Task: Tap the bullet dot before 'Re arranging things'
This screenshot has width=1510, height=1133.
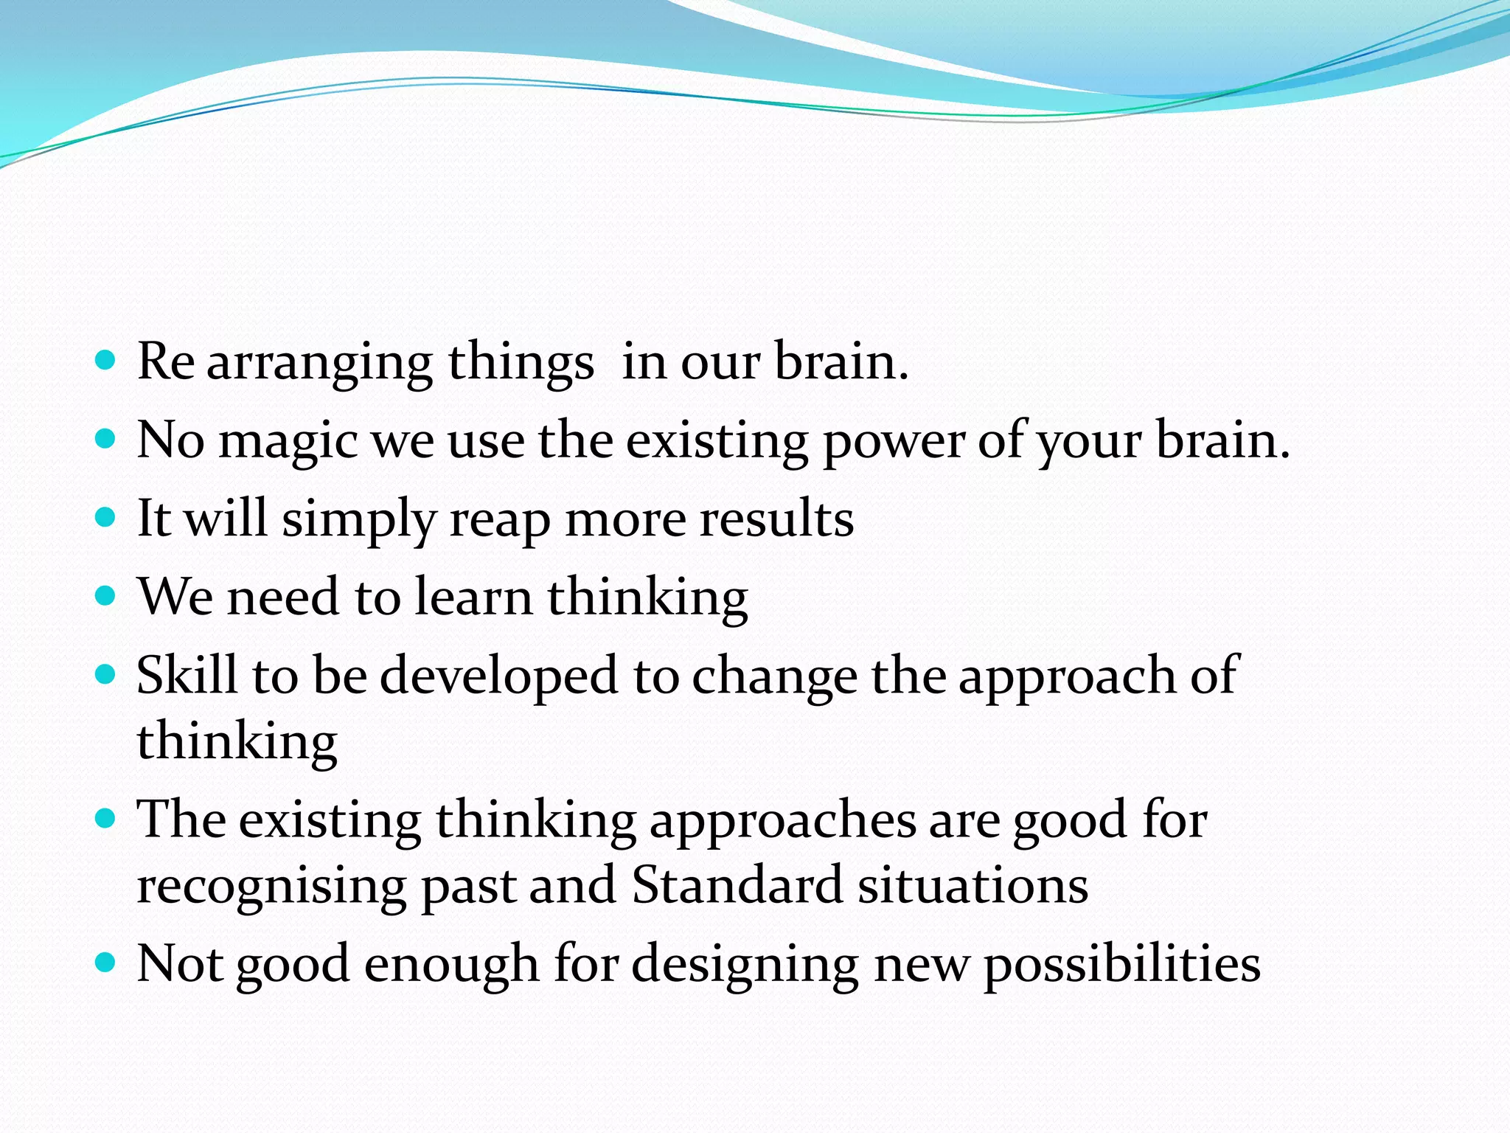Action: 106,361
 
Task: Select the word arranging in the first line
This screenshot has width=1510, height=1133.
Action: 319,364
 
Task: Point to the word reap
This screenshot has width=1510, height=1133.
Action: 499,520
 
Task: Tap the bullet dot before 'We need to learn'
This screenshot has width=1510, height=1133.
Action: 106,595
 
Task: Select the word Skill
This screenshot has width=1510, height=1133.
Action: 187,675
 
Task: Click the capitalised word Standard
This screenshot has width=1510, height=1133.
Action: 737,884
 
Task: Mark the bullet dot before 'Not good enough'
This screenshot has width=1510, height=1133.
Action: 106,962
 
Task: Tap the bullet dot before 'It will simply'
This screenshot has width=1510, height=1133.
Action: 106,517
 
